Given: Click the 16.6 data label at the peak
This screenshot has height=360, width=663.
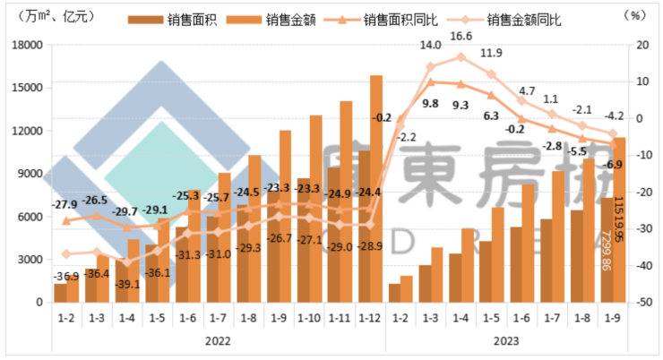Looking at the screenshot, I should coord(461,36).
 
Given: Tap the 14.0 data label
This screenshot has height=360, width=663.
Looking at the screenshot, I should coord(431,45).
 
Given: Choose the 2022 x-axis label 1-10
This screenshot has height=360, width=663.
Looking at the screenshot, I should coord(308,318).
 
